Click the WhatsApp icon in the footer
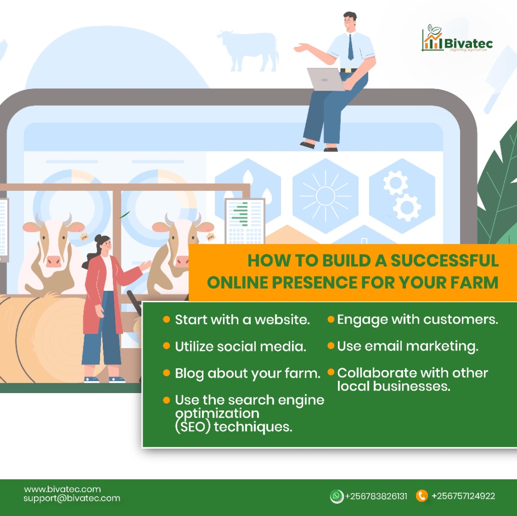pos(337,496)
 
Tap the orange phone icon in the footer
pos(421,496)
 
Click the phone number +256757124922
pos(463,496)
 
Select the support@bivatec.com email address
pos(72,498)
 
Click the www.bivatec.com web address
pos(62,489)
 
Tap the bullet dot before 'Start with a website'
pos(166,319)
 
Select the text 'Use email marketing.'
pos(407,346)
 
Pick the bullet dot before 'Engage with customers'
pos(331,319)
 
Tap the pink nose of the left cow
pos(54,261)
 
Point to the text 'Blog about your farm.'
pos(247,373)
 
